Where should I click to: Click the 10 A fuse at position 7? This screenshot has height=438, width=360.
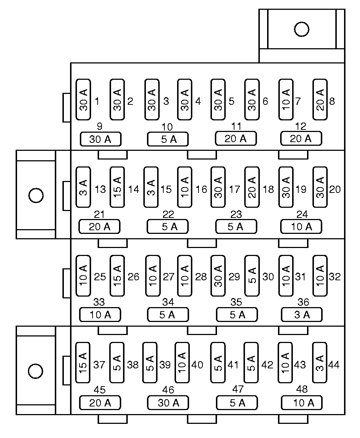(286, 100)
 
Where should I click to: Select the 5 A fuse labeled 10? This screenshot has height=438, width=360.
(168, 139)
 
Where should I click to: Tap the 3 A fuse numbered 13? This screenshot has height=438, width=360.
(83, 187)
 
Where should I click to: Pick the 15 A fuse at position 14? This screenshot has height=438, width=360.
(117, 187)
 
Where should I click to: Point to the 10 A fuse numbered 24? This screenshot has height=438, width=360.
(301, 227)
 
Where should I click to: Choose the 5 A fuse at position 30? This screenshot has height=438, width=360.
(252, 275)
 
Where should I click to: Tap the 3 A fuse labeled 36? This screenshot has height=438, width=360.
(302, 315)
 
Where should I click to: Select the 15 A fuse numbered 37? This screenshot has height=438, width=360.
(82, 362)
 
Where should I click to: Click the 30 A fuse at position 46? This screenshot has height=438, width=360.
(168, 402)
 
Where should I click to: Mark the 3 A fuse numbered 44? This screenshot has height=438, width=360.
(319, 362)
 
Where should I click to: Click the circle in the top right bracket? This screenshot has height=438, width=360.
(302, 29)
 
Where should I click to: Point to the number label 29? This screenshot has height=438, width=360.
(234, 277)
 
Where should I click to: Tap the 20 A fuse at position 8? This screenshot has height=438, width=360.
(320, 100)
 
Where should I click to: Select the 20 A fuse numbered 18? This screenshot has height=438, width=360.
(252, 187)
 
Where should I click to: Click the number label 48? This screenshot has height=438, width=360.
(302, 390)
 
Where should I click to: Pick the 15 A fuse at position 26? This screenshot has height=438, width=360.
(117, 275)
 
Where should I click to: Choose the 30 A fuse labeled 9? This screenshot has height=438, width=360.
(100, 139)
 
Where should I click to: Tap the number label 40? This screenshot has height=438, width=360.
(197, 365)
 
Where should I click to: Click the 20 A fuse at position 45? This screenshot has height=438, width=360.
(100, 402)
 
